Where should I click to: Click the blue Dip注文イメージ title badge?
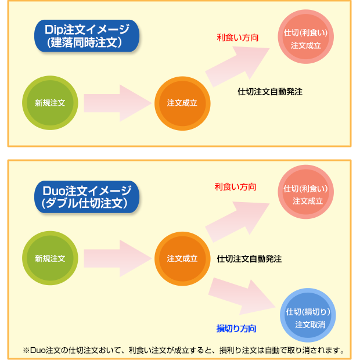(86, 36)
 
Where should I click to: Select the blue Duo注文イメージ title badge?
(86, 196)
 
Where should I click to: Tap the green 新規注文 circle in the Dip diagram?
(50, 103)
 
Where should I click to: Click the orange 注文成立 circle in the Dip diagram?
(182, 103)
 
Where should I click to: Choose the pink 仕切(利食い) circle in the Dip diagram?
(306, 39)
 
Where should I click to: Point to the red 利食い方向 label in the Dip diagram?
(237, 38)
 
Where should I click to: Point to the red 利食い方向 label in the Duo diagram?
(235, 187)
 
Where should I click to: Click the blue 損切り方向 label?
(236, 328)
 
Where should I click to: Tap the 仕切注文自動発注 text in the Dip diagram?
(270, 92)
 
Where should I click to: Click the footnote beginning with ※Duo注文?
(183, 350)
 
